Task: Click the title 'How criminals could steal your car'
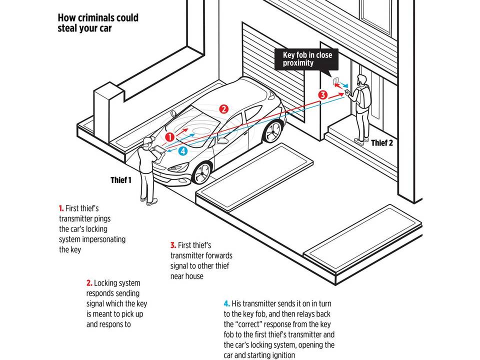97,23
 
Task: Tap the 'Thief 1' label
121,180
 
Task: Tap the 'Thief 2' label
382,143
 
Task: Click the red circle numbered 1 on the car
170,135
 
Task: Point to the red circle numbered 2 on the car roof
224,108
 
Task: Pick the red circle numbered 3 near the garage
323,94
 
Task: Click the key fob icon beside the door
335,81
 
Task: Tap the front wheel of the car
202,172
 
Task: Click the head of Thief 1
146,143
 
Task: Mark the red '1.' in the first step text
61,207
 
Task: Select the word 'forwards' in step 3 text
217,255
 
